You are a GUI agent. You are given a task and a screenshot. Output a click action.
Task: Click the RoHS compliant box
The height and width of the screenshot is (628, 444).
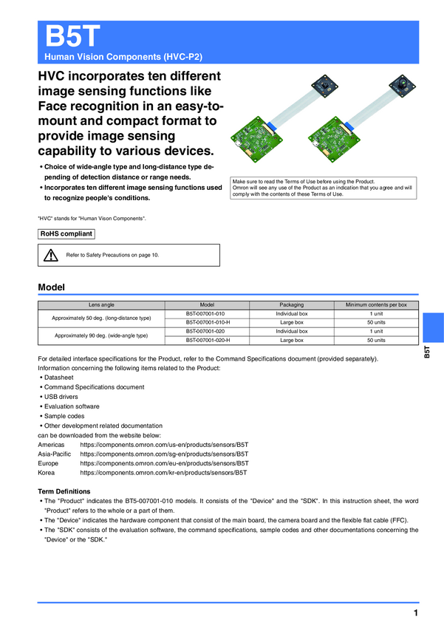[66, 234]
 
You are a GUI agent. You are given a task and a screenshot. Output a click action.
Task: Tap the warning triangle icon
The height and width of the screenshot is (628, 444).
[50, 256]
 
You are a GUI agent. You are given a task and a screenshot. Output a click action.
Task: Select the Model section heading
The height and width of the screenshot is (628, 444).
[51, 287]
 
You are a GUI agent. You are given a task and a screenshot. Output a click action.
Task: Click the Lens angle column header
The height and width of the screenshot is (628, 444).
[101, 304]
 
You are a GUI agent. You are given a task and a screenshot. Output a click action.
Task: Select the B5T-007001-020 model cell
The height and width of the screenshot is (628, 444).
[205, 332]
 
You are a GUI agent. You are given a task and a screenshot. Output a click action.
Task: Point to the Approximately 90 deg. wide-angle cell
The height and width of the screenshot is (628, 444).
[101, 336]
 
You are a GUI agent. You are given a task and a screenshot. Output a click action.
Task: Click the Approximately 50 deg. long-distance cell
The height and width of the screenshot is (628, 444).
[101, 318]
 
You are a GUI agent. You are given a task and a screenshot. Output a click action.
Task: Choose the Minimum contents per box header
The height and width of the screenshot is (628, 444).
[376, 304]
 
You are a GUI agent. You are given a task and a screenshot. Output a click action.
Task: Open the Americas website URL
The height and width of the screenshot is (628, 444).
[164, 445]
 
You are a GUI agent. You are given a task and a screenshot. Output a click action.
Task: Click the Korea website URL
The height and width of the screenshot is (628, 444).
[163, 472]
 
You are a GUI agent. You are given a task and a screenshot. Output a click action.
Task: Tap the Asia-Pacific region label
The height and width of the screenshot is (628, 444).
[55, 454]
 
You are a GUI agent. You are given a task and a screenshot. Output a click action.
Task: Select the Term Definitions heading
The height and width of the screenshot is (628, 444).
[64, 491]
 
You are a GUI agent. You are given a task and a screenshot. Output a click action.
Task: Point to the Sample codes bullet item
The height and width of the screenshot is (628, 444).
[64, 416]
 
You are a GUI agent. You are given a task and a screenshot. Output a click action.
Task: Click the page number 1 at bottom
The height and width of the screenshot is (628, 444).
[416, 614]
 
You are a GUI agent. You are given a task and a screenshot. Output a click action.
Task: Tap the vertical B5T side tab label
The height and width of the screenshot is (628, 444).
[428, 352]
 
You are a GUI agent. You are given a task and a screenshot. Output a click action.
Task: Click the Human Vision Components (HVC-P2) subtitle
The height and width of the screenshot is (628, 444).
[123, 56]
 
